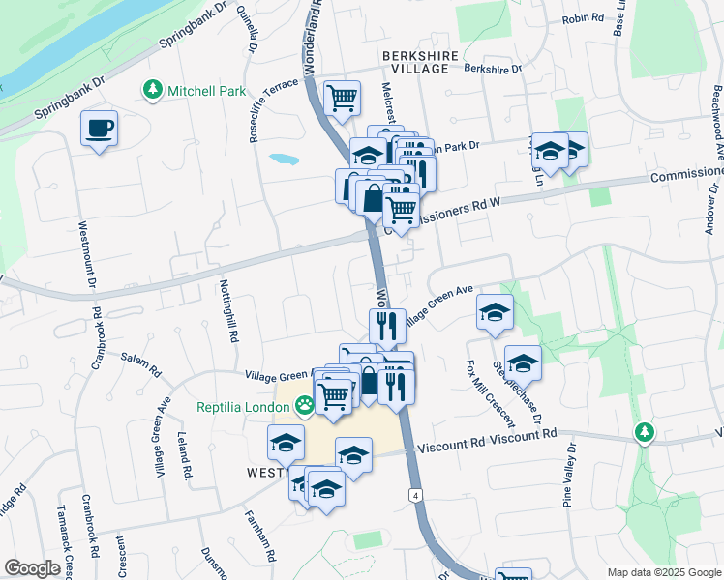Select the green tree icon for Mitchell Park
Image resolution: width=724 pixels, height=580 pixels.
coord(152,91)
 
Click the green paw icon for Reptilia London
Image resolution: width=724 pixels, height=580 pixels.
coord(305,406)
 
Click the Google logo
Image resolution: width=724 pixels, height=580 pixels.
coord(32,568)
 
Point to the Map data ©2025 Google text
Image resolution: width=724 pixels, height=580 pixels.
coord(662,572)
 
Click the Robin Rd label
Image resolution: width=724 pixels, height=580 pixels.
coord(583,18)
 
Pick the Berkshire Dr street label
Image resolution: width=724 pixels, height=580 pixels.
coord(493,70)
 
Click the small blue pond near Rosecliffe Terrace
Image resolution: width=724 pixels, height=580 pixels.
coord(283,158)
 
